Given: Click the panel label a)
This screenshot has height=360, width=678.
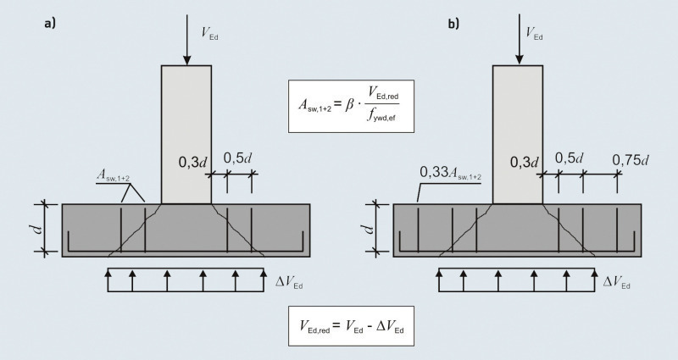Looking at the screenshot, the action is tap(50, 24).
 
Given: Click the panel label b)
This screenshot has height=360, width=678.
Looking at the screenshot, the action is tap(453, 24).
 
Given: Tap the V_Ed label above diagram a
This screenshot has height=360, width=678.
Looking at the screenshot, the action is tap(209, 33).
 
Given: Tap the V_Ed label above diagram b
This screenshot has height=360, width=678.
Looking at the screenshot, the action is tap(534, 33).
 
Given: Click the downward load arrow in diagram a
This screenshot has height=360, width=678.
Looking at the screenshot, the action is tap(186, 40).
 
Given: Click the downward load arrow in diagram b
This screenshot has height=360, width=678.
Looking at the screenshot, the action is tap(520, 39).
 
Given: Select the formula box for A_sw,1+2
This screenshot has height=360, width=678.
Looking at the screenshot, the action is tap(351, 106).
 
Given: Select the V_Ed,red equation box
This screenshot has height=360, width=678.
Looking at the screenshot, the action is tap(351, 326).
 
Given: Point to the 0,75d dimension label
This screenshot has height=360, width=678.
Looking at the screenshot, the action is tap(631, 160).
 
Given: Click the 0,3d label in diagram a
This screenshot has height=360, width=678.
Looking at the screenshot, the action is tap(193, 162).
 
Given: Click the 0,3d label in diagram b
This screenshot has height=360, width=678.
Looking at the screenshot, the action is tap(525, 162).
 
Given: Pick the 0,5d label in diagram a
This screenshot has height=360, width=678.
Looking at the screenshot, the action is tap(237, 158).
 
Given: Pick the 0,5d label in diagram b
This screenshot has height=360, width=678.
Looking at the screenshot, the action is tap(569, 158).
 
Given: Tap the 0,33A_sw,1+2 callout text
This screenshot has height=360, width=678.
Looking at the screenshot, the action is tap(451, 173).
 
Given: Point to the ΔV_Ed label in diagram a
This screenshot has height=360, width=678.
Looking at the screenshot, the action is tap(289, 282).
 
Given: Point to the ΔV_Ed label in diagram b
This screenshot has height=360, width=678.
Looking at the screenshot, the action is tap(617, 282).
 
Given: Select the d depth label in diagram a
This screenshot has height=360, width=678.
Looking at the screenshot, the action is tap(38, 228).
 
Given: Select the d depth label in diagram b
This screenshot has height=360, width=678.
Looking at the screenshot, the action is tap(370, 228).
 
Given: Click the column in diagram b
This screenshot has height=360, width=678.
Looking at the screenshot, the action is tap(518, 135).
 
